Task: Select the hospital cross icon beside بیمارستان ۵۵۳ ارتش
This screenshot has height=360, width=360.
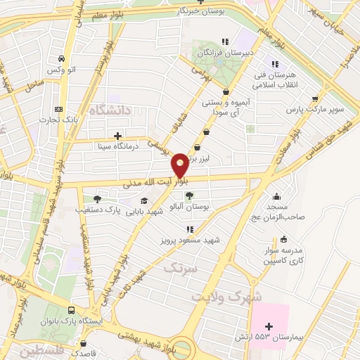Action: [x=268, y=327]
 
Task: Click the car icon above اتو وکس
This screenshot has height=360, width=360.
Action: [x=63, y=58]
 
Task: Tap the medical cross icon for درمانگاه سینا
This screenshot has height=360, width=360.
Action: [x=117, y=136]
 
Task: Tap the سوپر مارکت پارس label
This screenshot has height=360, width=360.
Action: [x=314, y=110]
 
